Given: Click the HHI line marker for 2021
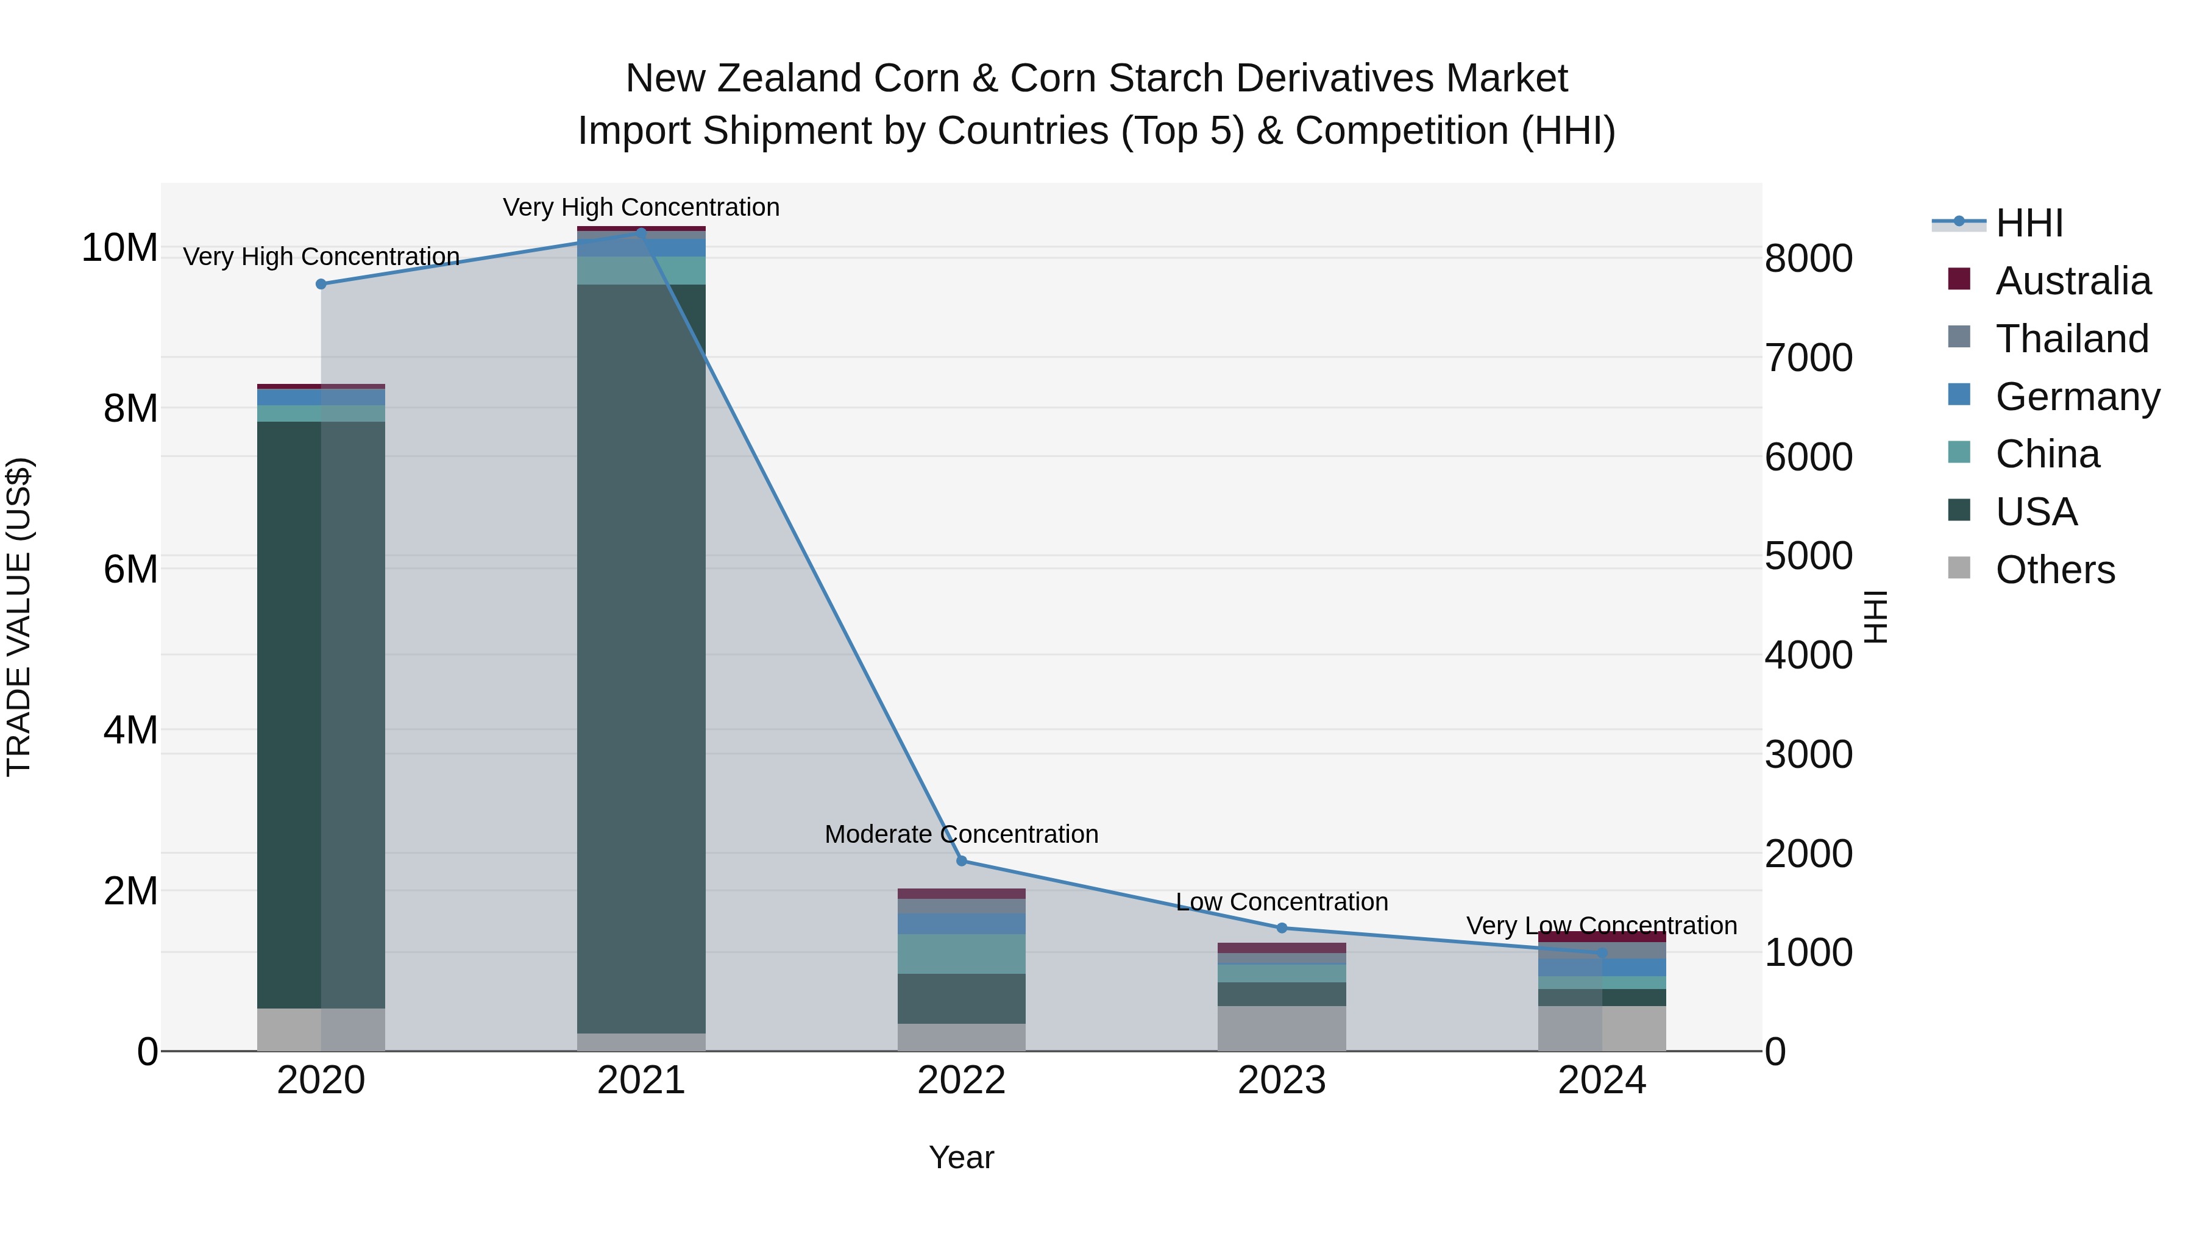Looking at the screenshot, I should (641, 232).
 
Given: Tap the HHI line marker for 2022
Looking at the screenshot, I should (962, 861).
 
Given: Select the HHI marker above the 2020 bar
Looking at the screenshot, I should (321, 283).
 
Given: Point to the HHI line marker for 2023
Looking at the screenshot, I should (1282, 928).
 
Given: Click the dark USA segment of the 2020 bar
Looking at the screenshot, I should (289, 715).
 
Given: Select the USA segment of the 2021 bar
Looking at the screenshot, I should (641, 656).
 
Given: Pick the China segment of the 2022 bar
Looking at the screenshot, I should (962, 954).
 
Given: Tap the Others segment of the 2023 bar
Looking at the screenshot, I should (1282, 1029).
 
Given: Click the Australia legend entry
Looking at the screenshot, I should (2072, 281).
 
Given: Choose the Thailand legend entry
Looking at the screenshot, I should (2072, 339).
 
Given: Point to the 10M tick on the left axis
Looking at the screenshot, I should (119, 248).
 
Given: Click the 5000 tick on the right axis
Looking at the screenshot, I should (1808, 556).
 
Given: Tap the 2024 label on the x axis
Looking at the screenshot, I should (1601, 1080).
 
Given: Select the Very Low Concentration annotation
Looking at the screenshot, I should (1601, 926).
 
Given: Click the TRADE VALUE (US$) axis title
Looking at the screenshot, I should (20, 617).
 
